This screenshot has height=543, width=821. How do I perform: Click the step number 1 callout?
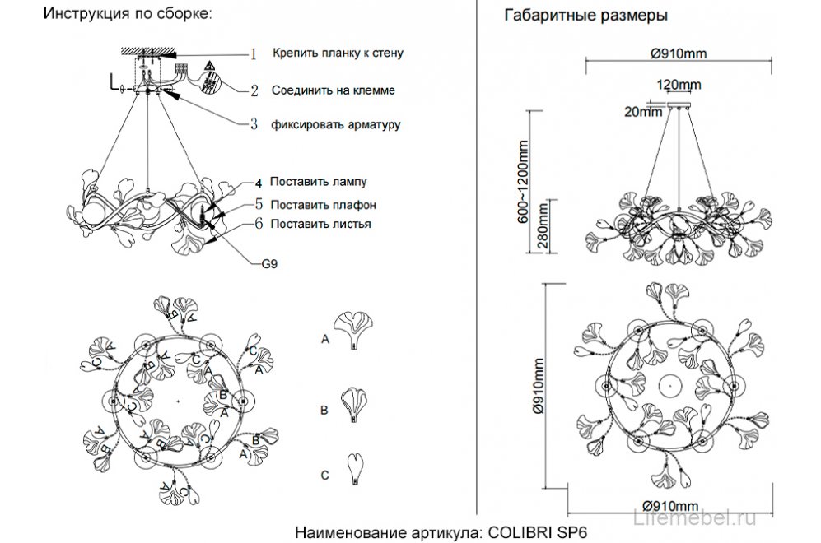(x=254, y=54)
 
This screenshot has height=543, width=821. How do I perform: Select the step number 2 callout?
(x=254, y=90)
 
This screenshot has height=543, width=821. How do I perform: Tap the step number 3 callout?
(x=254, y=125)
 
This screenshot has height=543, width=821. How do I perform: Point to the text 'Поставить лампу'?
(x=317, y=182)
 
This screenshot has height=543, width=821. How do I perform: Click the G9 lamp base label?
(x=269, y=265)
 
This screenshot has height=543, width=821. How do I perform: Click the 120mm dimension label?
(x=679, y=85)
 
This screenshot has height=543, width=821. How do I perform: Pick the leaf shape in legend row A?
(x=353, y=331)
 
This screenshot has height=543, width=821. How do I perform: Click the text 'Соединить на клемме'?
(x=332, y=90)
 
